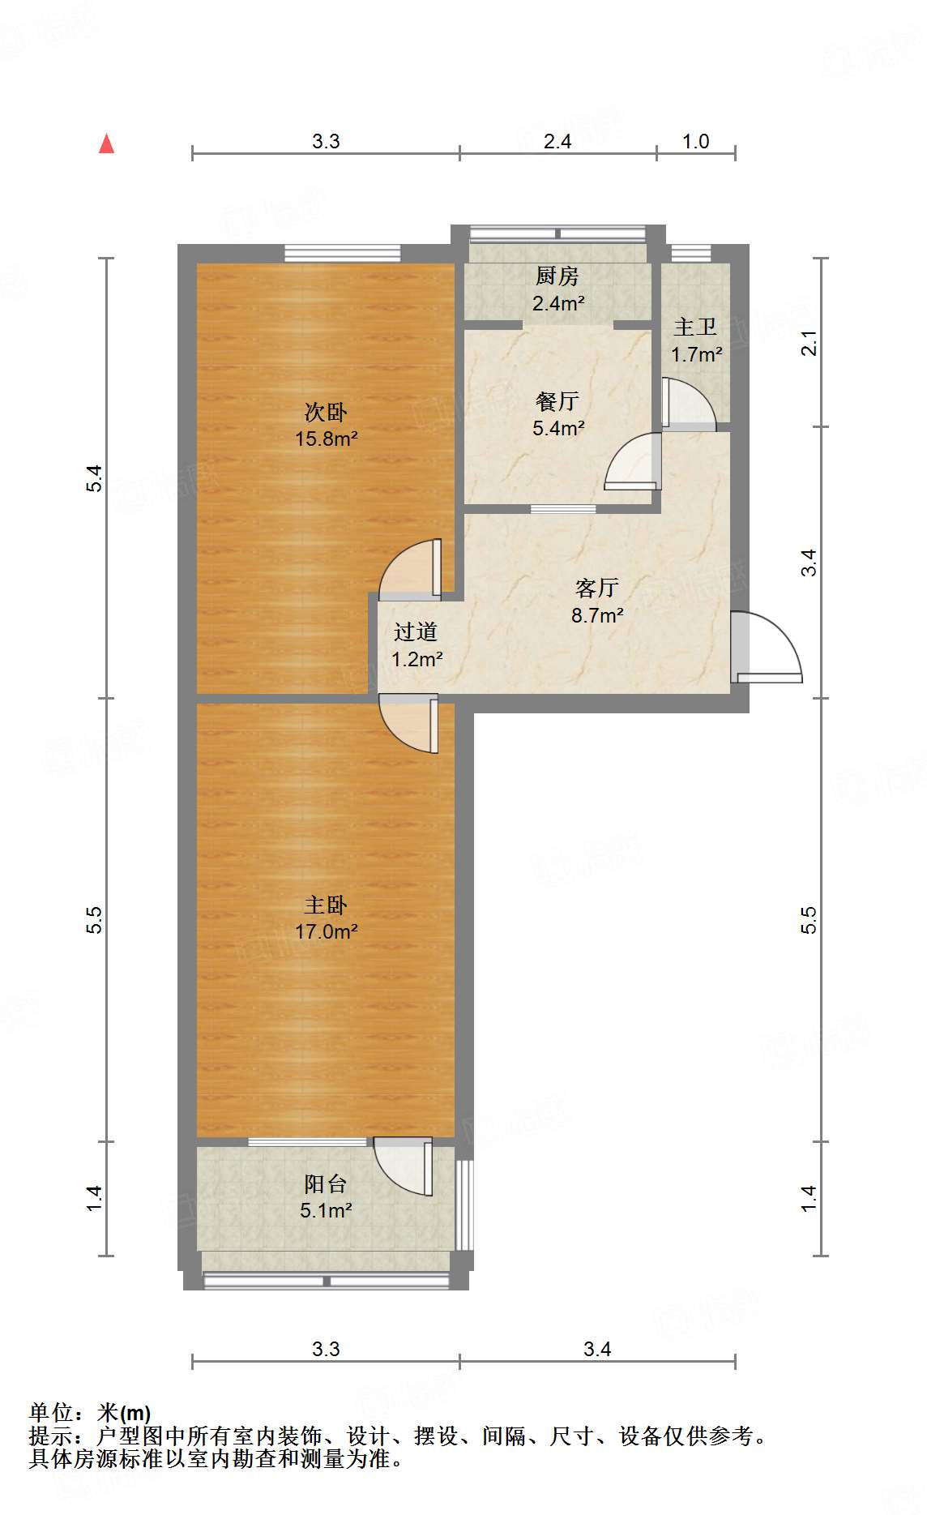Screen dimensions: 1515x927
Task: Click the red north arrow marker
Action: [x=106, y=144]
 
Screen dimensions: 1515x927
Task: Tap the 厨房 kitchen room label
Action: [x=557, y=276]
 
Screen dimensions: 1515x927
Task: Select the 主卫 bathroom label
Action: [x=695, y=327]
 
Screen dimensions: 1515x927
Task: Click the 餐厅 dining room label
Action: [x=557, y=401]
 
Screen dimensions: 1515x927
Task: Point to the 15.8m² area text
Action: [x=326, y=439]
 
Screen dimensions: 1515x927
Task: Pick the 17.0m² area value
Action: [x=326, y=932]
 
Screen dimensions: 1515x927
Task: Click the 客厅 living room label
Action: [x=597, y=588]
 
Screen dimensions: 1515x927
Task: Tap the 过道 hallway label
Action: [x=416, y=631]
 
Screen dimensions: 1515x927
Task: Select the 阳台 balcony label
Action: [x=325, y=1184]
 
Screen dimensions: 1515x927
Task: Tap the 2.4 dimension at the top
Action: [x=557, y=142]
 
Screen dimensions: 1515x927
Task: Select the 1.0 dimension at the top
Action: [x=695, y=142]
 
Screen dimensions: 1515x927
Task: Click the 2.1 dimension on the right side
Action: [x=809, y=344]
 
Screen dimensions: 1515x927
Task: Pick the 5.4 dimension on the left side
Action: [x=95, y=478]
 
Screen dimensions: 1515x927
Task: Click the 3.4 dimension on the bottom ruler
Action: [x=597, y=1349]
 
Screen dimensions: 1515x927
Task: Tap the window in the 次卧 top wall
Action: [x=342, y=253]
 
